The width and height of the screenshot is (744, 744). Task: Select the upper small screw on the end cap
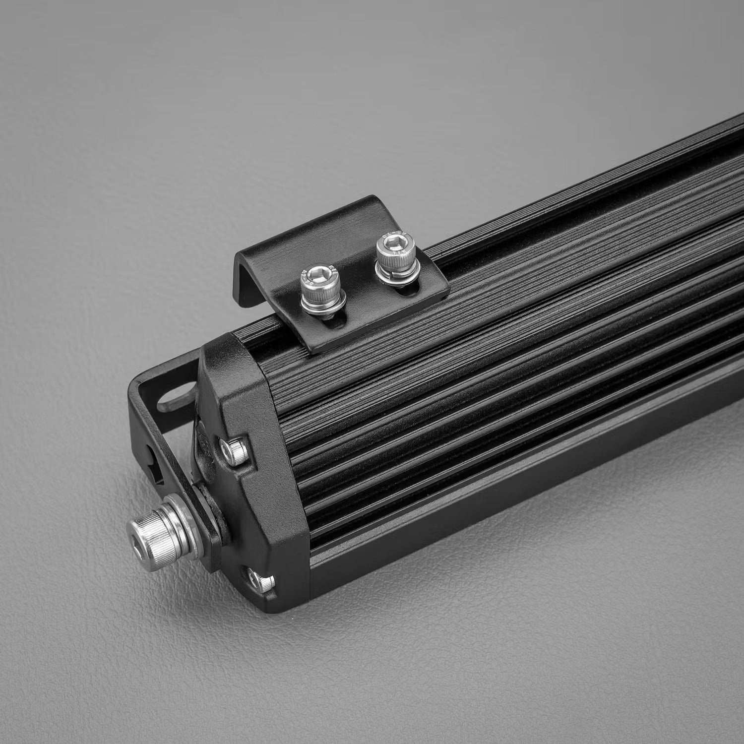(235, 450)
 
